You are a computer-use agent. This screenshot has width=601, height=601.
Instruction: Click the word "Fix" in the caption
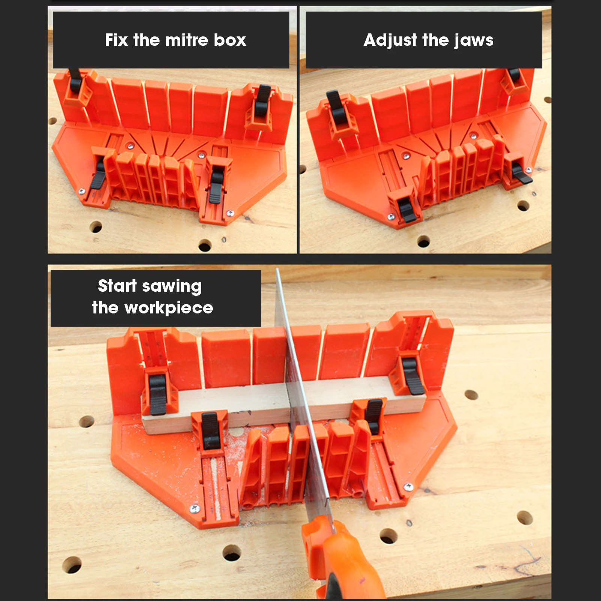[116, 40]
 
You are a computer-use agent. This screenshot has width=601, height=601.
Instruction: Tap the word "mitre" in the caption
[187, 40]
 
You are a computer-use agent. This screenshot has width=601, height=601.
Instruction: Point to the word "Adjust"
[390, 40]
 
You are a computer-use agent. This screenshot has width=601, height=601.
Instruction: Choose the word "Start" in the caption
[117, 286]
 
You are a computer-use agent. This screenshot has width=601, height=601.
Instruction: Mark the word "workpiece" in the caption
[169, 308]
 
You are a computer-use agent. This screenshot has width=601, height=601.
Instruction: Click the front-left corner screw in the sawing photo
[194, 509]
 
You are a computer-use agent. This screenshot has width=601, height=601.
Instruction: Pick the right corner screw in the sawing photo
[408, 487]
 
